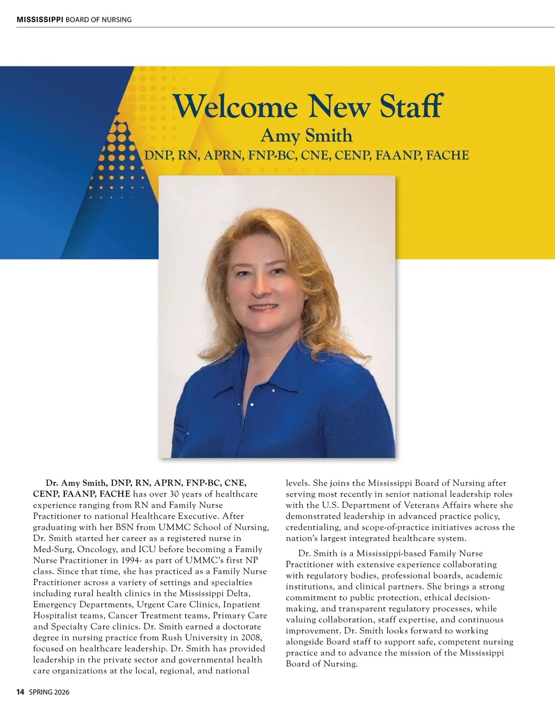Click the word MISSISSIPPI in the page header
40,19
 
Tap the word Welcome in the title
235,107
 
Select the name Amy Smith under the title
306,135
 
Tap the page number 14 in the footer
20,692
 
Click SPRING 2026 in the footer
49,692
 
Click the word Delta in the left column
238,594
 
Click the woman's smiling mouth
263,308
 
